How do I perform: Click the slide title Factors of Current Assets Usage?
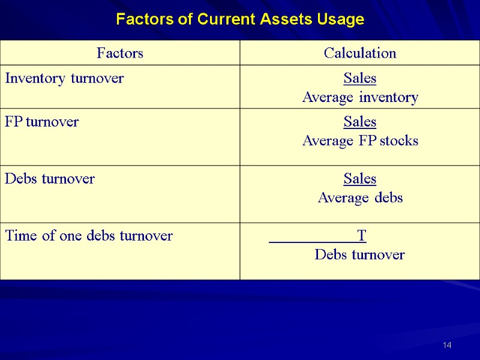240,20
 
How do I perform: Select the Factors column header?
120,53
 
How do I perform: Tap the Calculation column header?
360,53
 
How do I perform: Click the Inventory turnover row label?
64,78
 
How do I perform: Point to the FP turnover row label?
41,122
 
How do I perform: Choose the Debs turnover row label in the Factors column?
50,178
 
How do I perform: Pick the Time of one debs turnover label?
89,236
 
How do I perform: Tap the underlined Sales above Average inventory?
360,78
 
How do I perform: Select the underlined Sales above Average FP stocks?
360,122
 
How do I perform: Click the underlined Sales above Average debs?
360,178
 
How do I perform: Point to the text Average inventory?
360,97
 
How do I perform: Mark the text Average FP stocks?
360,141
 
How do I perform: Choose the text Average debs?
360,197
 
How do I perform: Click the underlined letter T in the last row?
361,235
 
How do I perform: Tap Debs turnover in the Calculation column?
360,255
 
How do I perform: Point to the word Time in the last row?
20,236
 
